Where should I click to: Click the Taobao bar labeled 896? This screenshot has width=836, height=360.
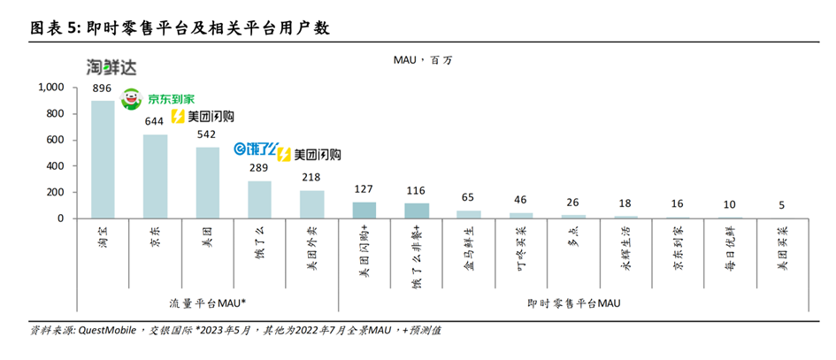click(x=103, y=159)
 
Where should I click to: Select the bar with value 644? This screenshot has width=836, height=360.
click(x=156, y=176)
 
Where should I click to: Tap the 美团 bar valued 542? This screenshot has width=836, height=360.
click(x=208, y=182)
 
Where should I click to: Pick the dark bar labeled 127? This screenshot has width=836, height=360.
click(x=364, y=210)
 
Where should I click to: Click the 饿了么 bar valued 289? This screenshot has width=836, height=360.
click(x=259, y=199)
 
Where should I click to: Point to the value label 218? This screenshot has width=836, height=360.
click(x=311, y=178)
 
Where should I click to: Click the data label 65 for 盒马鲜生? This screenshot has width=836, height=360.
click(x=468, y=198)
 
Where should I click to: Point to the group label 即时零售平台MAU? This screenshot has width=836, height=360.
click(x=572, y=303)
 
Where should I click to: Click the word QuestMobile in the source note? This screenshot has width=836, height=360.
click(x=107, y=331)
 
